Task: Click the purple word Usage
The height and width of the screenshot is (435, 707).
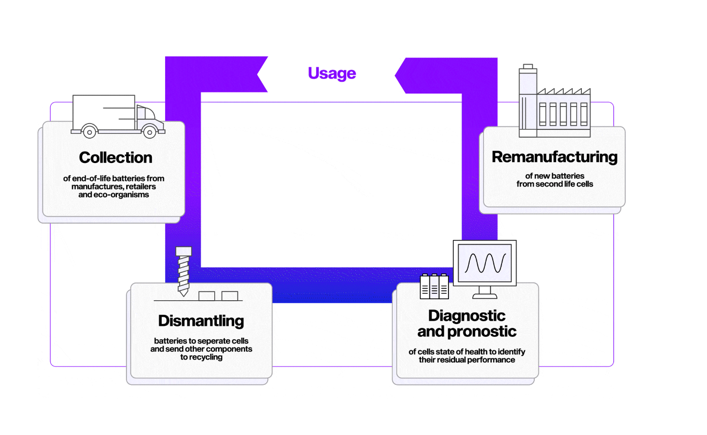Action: click(332, 73)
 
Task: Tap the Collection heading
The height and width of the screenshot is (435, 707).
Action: click(115, 158)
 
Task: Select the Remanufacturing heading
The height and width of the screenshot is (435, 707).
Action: click(554, 157)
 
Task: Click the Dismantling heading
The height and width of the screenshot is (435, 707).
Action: click(201, 321)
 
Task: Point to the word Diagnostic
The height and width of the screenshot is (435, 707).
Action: click(466, 315)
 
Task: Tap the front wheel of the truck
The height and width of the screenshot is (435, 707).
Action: click(149, 131)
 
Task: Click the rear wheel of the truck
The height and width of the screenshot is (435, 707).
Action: click(89, 131)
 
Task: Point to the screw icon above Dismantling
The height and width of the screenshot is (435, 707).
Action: click(184, 271)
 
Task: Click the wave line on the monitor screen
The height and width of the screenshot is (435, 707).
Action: click(485, 263)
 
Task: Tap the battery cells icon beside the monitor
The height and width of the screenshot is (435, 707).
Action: click(434, 286)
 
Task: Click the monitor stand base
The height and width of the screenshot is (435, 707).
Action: click(484, 295)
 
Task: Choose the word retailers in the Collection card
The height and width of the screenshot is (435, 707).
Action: click(141, 186)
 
